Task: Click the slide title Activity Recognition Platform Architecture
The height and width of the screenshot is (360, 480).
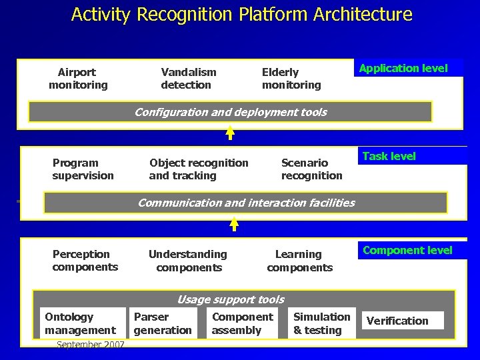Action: tap(241, 14)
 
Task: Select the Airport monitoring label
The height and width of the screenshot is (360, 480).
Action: tap(78, 79)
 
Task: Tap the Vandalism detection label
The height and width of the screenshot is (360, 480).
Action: tap(189, 79)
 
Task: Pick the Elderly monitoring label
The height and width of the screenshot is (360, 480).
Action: tap(291, 79)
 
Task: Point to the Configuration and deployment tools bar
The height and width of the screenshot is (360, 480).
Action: tap(230, 112)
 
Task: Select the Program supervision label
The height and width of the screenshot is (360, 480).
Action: tap(83, 169)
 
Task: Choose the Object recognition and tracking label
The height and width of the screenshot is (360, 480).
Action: tap(199, 169)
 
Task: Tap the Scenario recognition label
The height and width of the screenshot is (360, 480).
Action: tap(311, 169)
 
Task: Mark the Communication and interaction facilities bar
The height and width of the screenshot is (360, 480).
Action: tap(245, 203)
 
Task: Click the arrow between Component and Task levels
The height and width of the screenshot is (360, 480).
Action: tap(234, 226)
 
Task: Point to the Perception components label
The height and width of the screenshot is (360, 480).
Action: tap(85, 261)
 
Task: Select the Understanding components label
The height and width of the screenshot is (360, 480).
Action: tap(188, 261)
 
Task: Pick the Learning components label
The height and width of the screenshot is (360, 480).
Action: tap(299, 261)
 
